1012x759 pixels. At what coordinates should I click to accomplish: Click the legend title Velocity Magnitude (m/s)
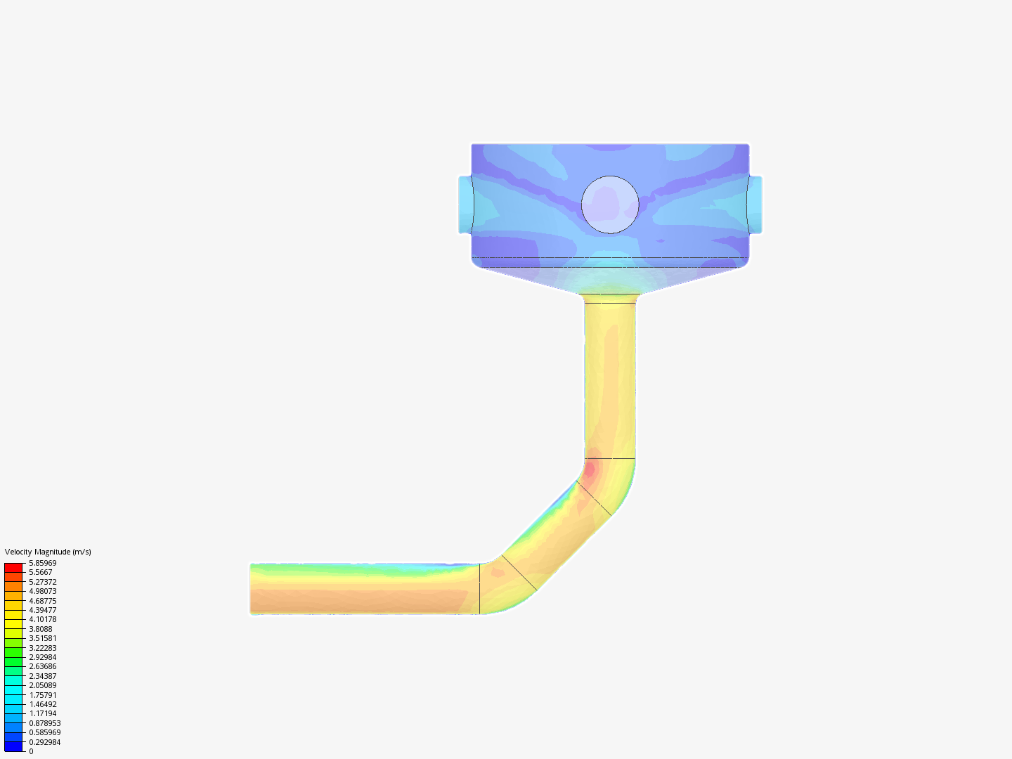(x=48, y=552)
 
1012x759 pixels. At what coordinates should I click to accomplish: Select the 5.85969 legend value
(x=42, y=563)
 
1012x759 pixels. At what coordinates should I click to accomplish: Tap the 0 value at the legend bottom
(x=31, y=752)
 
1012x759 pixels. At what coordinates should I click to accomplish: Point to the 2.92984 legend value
(x=42, y=657)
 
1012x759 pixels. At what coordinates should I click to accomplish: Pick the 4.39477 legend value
(x=42, y=610)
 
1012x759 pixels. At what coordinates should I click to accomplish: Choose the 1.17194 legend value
(x=42, y=714)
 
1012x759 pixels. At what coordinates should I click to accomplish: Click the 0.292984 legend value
(x=45, y=742)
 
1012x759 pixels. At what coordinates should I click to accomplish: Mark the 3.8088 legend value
(x=41, y=629)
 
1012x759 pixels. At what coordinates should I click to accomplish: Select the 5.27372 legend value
(x=42, y=582)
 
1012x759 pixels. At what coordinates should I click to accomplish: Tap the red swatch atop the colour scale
(x=13, y=568)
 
